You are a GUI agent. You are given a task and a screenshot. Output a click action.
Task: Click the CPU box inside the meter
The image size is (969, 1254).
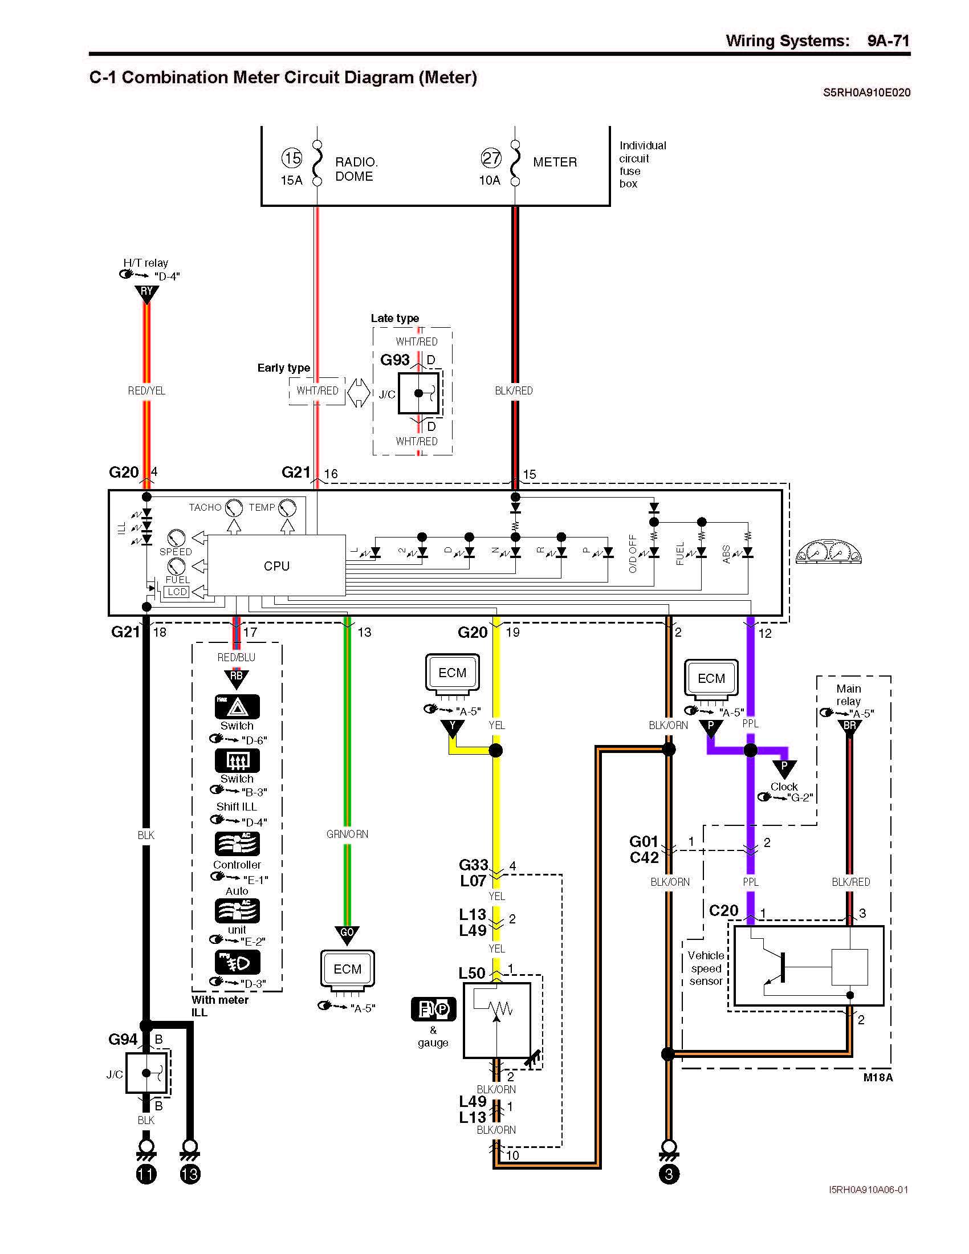(276, 565)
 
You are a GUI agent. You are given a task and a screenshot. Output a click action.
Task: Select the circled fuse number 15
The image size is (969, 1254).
(292, 157)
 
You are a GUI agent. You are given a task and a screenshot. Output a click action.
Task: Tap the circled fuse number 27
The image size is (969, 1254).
(491, 158)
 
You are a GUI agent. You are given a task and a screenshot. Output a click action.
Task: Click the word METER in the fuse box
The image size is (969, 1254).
(555, 162)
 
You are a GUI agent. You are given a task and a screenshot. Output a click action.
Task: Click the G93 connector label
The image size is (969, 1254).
(395, 360)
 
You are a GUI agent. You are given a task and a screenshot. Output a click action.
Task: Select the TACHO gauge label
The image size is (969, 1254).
(205, 507)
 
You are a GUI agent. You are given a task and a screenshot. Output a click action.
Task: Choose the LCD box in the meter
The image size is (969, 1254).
(177, 592)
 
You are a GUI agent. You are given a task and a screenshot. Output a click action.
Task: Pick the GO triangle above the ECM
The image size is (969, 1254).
(347, 935)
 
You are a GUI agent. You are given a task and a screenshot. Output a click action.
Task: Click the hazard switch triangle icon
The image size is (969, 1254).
(237, 707)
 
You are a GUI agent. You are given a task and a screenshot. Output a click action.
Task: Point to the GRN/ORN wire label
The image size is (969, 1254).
(347, 834)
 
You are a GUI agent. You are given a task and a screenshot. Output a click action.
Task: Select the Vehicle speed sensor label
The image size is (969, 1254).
(706, 968)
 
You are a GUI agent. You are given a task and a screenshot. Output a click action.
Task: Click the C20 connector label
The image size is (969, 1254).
(724, 911)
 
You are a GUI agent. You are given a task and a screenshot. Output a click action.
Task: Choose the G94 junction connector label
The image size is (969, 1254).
(123, 1039)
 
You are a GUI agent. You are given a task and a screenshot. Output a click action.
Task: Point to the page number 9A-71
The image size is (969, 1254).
(888, 41)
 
